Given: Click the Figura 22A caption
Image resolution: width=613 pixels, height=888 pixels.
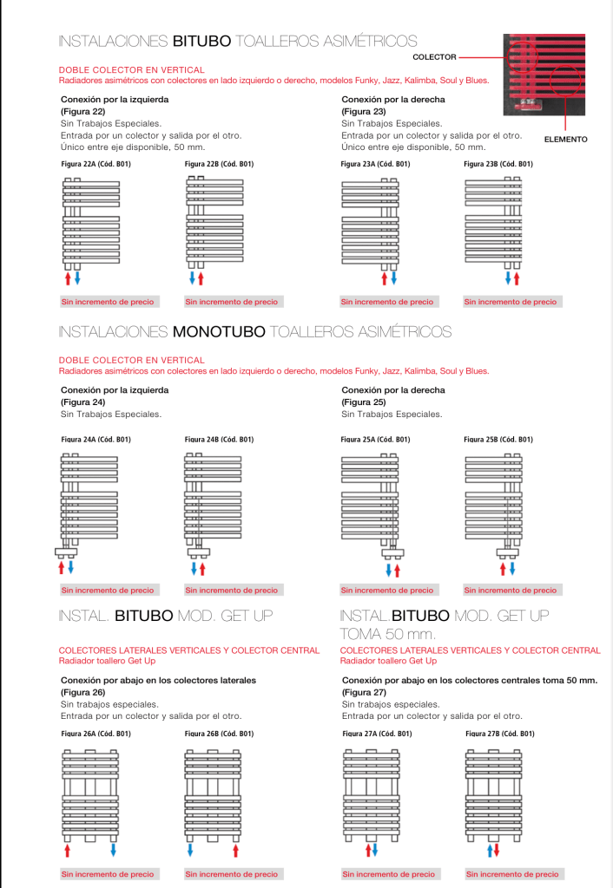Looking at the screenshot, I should tap(96, 164).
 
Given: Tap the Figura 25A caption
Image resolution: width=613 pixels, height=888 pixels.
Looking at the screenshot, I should tap(375, 440).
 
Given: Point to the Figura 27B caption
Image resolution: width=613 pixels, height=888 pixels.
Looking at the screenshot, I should tap(500, 734).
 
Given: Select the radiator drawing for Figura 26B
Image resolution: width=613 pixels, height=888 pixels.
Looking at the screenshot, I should tap(213, 794).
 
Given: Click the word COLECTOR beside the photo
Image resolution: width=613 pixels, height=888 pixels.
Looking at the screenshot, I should tap(434, 57).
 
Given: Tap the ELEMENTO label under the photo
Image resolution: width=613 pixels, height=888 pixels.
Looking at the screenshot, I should tap(565, 140).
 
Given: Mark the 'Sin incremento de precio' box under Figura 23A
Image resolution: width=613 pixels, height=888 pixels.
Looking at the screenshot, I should tap(387, 302).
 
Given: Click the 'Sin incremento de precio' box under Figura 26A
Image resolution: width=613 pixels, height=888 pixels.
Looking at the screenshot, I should tap(108, 874).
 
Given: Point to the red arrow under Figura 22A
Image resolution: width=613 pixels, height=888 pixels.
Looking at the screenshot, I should tap(68, 278).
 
